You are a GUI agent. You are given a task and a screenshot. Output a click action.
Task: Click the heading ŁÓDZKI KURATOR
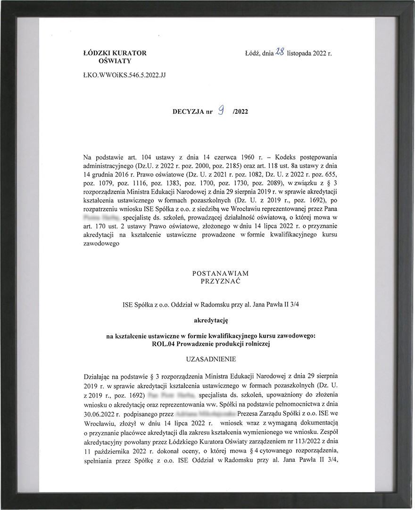(x=115, y=53)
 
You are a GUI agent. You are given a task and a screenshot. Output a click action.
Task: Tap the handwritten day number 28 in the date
(x=279, y=52)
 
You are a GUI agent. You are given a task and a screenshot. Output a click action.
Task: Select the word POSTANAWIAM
(x=221, y=273)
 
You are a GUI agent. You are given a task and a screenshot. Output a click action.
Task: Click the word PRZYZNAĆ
(x=221, y=280)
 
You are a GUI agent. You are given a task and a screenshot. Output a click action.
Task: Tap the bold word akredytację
(x=211, y=320)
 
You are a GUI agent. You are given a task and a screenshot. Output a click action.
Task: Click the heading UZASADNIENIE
(x=211, y=359)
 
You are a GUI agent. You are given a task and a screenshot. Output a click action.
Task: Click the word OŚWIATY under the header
(x=115, y=61)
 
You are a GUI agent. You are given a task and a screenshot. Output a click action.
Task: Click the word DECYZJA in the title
(x=189, y=112)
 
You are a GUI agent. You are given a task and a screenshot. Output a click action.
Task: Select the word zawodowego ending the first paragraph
(x=101, y=244)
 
